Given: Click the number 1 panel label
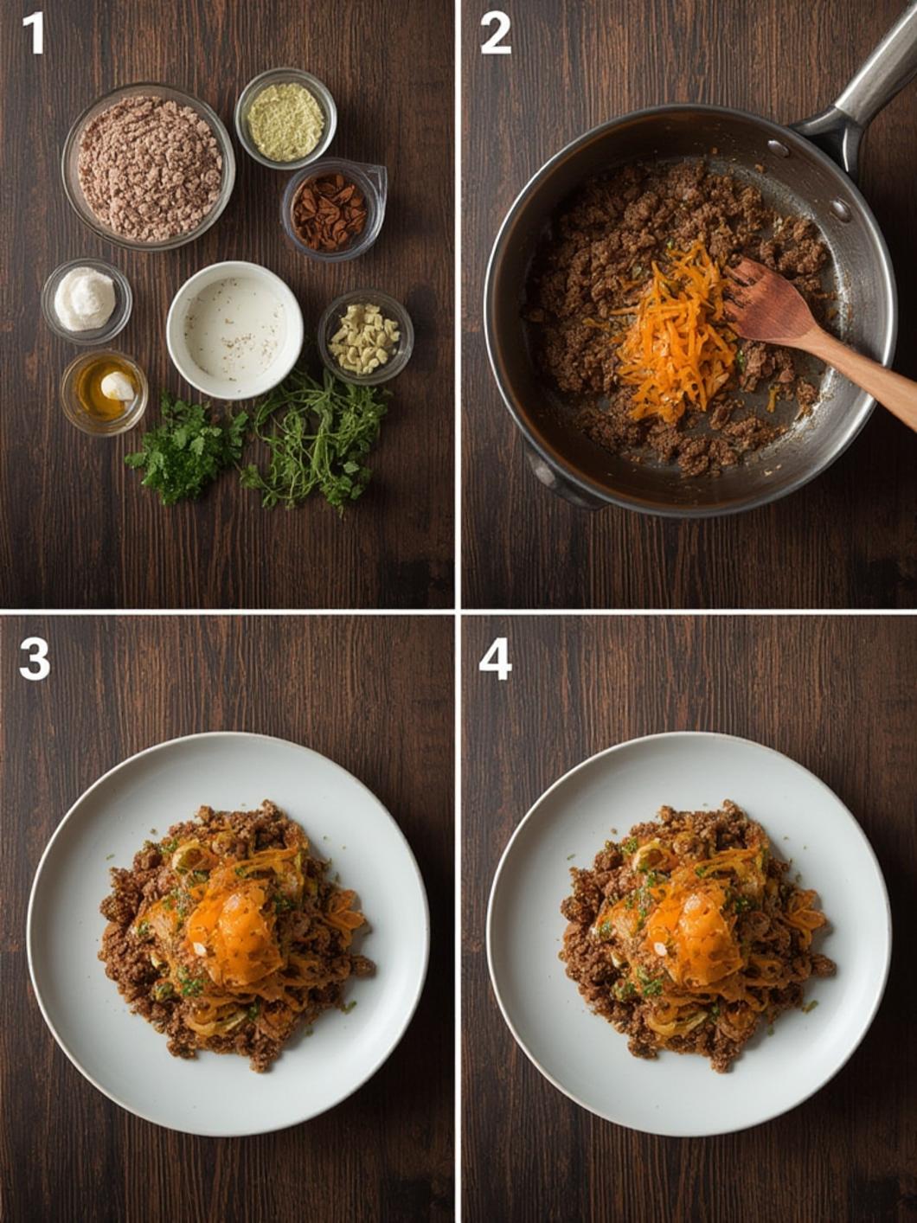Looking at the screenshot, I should click(x=33, y=34).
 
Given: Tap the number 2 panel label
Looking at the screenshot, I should click(x=495, y=34).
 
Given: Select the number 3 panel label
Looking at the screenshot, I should click(x=34, y=660).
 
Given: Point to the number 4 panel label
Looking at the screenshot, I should click(x=495, y=660).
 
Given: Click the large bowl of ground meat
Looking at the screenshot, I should click(x=148, y=167).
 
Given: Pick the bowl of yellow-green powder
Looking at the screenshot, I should click(x=285, y=119).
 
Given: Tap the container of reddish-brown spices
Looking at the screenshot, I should click(x=331, y=209).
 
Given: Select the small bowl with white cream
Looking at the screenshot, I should click(x=86, y=299).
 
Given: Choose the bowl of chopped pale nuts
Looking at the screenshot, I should click(x=365, y=336).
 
